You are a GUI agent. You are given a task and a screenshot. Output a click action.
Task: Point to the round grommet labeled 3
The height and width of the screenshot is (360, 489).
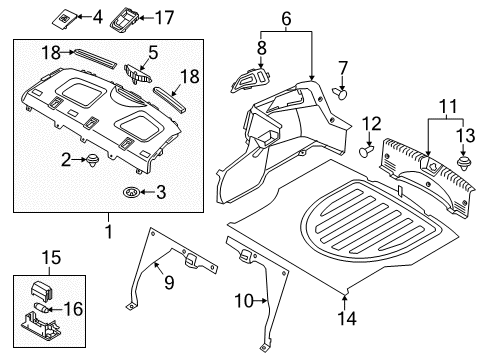[x=130, y=191]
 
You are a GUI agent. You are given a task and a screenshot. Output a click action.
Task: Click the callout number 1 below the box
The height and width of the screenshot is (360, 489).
[x=109, y=231]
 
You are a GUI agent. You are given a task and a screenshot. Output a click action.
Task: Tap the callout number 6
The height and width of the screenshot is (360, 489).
[x=286, y=18]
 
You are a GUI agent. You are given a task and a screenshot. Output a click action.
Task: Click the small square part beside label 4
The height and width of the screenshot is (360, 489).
[x=65, y=17]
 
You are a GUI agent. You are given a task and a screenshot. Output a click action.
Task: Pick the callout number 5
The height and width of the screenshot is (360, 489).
[x=153, y=52]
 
